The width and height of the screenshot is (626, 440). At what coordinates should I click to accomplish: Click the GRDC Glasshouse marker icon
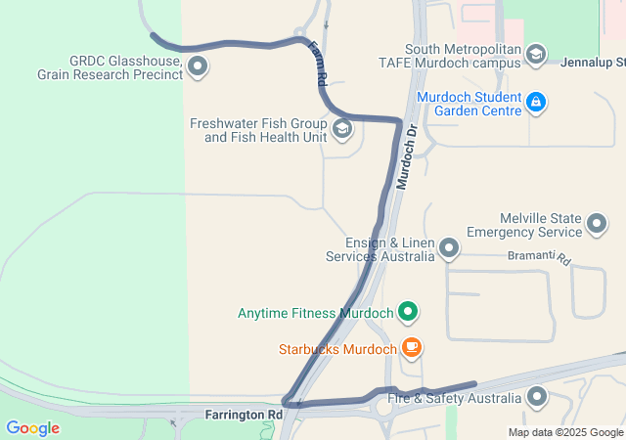pyautogui.click(x=198, y=67)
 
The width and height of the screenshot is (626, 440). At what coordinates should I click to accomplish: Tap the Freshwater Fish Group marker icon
pyautogui.click(x=342, y=129)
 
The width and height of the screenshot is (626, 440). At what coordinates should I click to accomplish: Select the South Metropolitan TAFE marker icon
pyautogui.click(x=535, y=55)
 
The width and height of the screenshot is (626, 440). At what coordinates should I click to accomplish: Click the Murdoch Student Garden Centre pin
pyautogui.click(x=535, y=102)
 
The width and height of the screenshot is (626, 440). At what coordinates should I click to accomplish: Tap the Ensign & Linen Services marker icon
pyautogui.click(x=449, y=248)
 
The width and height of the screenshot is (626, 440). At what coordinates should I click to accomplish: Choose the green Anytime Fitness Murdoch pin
pyautogui.click(x=408, y=313)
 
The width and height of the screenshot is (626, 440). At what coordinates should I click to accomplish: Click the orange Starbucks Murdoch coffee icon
pyautogui.click(x=412, y=347)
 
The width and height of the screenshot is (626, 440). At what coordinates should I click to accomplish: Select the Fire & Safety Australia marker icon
pyautogui.click(x=537, y=397)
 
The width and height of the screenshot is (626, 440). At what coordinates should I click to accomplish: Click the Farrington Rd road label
pyautogui.click(x=244, y=415)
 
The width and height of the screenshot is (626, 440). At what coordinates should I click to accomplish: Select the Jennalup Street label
pyautogui.click(x=593, y=62)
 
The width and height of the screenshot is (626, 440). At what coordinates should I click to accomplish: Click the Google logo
pyautogui.click(x=32, y=428)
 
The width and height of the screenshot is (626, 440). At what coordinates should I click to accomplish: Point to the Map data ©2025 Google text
pyautogui.click(x=565, y=432)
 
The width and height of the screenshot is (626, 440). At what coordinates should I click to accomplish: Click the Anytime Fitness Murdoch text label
pyautogui.click(x=315, y=314)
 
